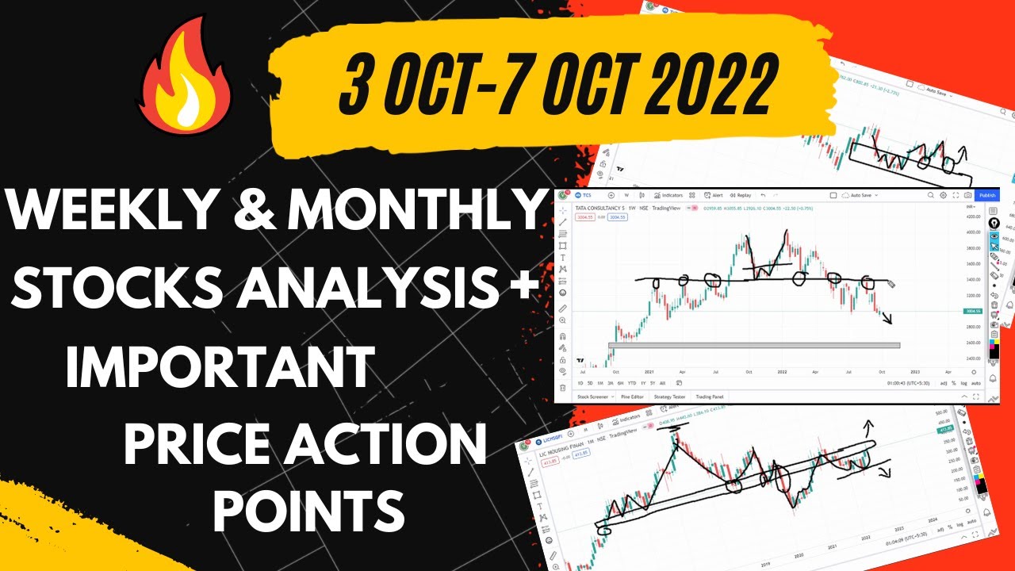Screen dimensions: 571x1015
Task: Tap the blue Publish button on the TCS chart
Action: coord(987,195)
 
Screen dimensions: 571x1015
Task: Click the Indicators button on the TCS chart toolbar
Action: coord(669,195)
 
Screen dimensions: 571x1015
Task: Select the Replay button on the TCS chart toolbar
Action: coord(741,195)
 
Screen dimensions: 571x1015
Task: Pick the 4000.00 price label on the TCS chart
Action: coord(973,232)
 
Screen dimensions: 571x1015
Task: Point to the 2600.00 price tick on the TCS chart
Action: coord(973,343)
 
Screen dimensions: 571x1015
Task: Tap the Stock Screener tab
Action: coord(593,396)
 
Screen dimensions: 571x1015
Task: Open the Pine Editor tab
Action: coord(632,396)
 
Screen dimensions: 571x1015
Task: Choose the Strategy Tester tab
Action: coord(670,396)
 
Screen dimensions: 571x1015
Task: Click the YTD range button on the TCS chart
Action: coord(631,382)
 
